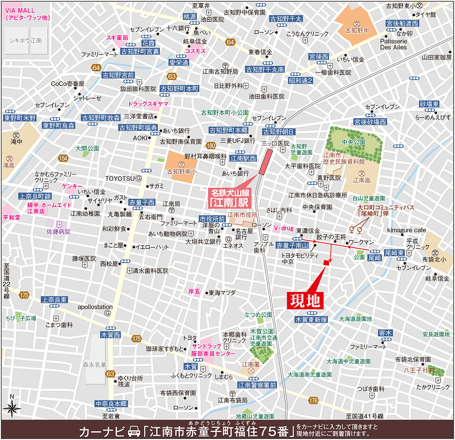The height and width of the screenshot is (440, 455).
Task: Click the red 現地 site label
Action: pyautogui.click(x=306, y=300)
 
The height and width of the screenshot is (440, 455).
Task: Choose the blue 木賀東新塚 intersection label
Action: pyautogui.click(x=311, y=320)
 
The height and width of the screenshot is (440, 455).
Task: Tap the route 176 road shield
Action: pyautogui.click(x=313, y=400)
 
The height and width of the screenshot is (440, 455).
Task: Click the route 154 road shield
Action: pyautogui.click(x=63, y=158)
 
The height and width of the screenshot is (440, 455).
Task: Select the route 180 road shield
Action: pyautogui.click(x=210, y=146)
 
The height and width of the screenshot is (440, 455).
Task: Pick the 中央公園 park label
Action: pyautogui.click(x=353, y=142)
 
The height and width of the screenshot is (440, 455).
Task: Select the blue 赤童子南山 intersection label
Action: pyautogui.click(x=292, y=245)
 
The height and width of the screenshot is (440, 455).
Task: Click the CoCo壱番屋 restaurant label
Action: pyautogui.click(x=67, y=84)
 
